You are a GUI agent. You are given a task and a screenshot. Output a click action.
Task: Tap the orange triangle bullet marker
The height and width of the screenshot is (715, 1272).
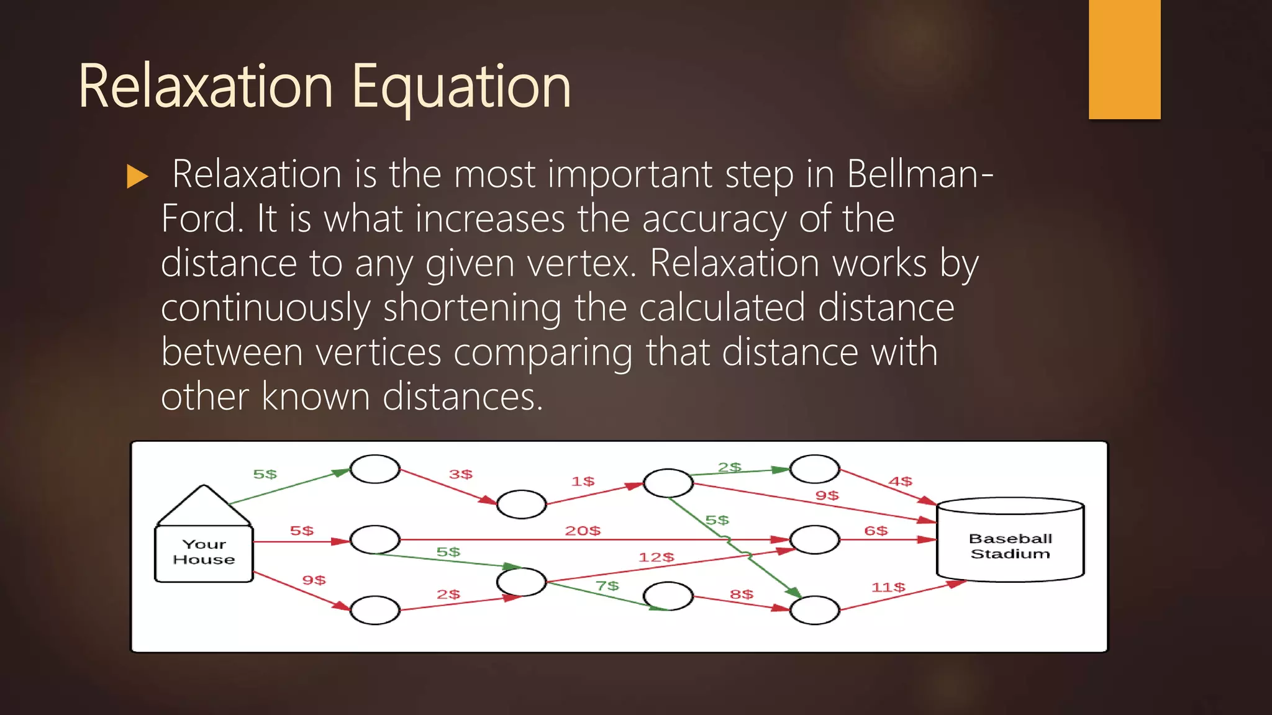coord(137,176)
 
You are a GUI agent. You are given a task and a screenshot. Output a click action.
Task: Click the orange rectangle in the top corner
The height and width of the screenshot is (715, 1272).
coord(1124,59)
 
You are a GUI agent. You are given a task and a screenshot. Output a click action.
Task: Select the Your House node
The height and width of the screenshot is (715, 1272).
coord(204,551)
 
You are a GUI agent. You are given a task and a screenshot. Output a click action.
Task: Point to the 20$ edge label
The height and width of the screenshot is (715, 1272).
coord(583,531)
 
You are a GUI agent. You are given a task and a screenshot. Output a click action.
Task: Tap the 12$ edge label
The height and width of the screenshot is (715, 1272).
coord(656,557)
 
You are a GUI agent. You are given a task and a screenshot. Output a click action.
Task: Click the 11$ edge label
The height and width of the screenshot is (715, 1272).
coord(888,587)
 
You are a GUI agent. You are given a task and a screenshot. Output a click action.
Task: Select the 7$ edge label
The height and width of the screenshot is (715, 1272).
coord(607,586)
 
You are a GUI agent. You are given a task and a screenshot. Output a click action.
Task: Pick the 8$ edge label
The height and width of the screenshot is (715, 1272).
coord(742,595)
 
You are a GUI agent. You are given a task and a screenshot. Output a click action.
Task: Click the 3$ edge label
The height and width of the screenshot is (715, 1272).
coord(461,474)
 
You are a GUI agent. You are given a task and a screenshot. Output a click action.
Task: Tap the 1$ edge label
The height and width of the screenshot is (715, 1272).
coord(583,482)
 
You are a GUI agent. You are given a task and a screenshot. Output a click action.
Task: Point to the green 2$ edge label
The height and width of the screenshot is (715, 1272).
coord(729,467)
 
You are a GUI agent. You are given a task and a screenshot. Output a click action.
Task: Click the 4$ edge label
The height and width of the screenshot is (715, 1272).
coord(900,482)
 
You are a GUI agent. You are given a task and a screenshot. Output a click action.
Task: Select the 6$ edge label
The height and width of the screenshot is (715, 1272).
coord(876,531)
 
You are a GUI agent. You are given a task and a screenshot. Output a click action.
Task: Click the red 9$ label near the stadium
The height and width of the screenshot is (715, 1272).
coord(827,495)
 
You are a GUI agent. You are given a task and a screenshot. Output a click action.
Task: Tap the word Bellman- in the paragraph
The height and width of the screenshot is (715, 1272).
coord(920,174)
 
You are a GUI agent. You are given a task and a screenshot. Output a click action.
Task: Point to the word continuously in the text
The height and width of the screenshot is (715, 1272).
coord(266,308)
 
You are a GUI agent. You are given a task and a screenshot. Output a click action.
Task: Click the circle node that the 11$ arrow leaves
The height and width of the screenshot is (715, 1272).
coord(814,610)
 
